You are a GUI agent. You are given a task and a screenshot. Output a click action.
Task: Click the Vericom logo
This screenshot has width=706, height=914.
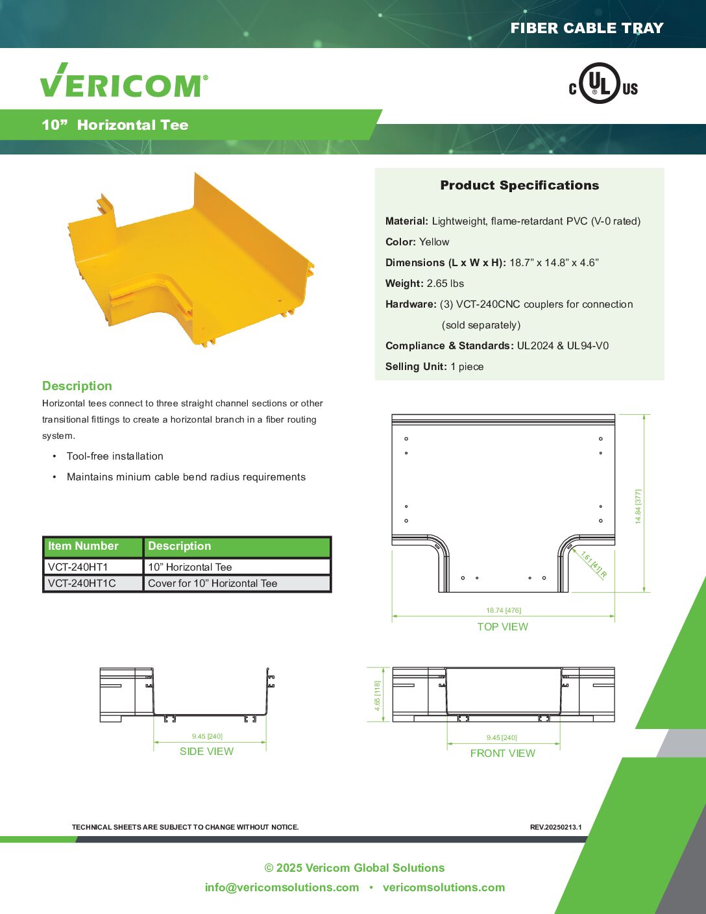(x=124, y=80)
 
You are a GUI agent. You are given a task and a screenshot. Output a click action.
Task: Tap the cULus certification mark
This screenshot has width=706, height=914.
(x=603, y=83)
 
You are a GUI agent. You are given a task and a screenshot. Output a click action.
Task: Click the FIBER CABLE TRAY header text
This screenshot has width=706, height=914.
(x=587, y=28)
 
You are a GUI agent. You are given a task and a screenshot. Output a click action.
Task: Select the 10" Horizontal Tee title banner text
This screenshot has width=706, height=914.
(x=115, y=125)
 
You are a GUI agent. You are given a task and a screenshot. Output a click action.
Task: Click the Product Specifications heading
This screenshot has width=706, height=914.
(x=519, y=185)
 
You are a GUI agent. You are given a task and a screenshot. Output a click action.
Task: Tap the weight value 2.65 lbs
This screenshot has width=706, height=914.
(x=445, y=284)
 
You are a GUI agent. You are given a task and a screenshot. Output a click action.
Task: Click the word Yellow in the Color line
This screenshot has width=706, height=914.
(x=434, y=242)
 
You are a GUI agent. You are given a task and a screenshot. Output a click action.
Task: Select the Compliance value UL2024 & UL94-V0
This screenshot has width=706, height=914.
(x=563, y=346)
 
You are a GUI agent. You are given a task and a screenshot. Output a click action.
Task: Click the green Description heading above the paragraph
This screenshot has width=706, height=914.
(x=77, y=386)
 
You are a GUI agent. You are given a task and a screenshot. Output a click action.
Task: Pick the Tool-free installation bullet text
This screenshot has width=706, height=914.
(x=115, y=456)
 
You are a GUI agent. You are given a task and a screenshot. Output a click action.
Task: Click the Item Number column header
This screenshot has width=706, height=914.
(x=83, y=546)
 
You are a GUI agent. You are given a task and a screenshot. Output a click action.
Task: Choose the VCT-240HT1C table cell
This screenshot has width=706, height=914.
(x=82, y=584)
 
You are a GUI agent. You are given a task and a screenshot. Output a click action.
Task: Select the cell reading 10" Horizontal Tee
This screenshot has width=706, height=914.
(x=189, y=567)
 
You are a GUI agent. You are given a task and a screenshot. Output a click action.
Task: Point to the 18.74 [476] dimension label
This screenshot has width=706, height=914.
(x=504, y=610)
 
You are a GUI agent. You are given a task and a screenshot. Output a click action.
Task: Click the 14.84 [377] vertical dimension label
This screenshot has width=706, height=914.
(x=639, y=506)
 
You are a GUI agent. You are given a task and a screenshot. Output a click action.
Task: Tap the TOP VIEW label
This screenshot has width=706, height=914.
(x=502, y=626)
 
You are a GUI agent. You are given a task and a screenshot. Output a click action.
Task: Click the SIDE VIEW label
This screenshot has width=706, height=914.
(x=206, y=752)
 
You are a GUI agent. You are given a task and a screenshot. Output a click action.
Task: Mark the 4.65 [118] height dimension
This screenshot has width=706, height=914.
(x=377, y=696)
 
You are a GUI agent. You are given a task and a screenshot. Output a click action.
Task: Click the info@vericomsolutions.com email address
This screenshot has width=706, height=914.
(x=282, y=887)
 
